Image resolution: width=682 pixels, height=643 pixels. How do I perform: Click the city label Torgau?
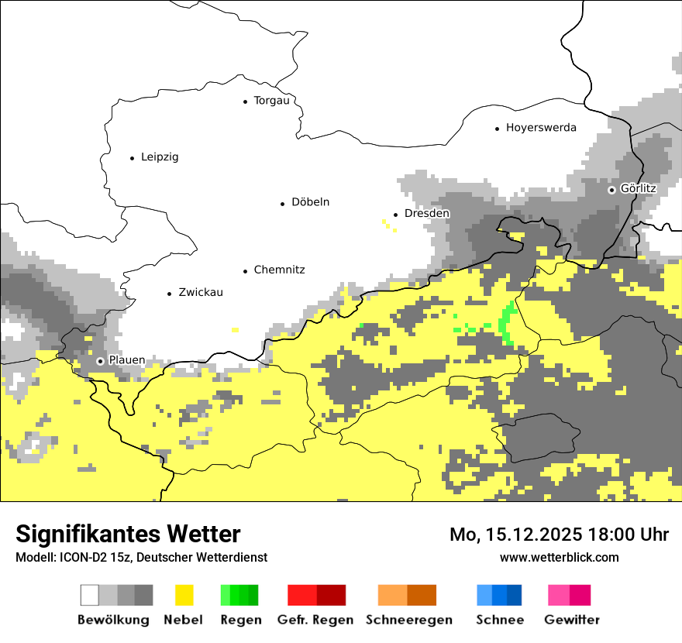271,101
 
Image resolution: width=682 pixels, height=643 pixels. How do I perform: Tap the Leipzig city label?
160,157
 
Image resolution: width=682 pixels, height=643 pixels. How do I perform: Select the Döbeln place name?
310,202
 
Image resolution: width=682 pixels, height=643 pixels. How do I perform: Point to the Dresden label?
426,213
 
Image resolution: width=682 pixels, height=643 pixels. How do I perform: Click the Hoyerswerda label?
541,128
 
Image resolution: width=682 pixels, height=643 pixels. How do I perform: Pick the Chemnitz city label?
279,270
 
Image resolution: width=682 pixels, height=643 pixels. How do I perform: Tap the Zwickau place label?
200,292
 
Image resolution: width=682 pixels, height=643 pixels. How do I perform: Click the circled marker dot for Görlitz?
611,189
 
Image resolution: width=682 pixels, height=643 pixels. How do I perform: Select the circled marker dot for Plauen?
100,361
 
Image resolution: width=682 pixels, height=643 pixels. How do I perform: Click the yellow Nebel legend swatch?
184,595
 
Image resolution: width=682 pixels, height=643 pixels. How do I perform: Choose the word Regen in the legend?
239,620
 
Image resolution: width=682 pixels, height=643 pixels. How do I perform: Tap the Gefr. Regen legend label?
315,620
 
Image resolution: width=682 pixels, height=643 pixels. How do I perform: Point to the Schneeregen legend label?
408,620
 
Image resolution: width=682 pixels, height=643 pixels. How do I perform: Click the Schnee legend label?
499,620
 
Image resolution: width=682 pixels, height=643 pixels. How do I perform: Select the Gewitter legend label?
571,620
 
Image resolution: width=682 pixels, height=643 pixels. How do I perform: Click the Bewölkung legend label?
113,620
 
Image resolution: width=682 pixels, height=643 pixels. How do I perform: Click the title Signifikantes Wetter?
128,534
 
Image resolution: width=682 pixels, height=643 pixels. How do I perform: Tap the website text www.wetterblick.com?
559,557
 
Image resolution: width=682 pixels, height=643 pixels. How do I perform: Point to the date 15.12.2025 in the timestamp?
536,535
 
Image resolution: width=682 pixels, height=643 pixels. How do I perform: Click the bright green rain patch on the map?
508,321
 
